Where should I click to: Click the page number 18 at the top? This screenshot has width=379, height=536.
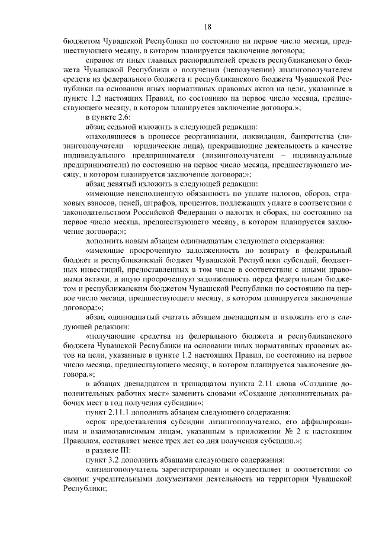tap(208, 27)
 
